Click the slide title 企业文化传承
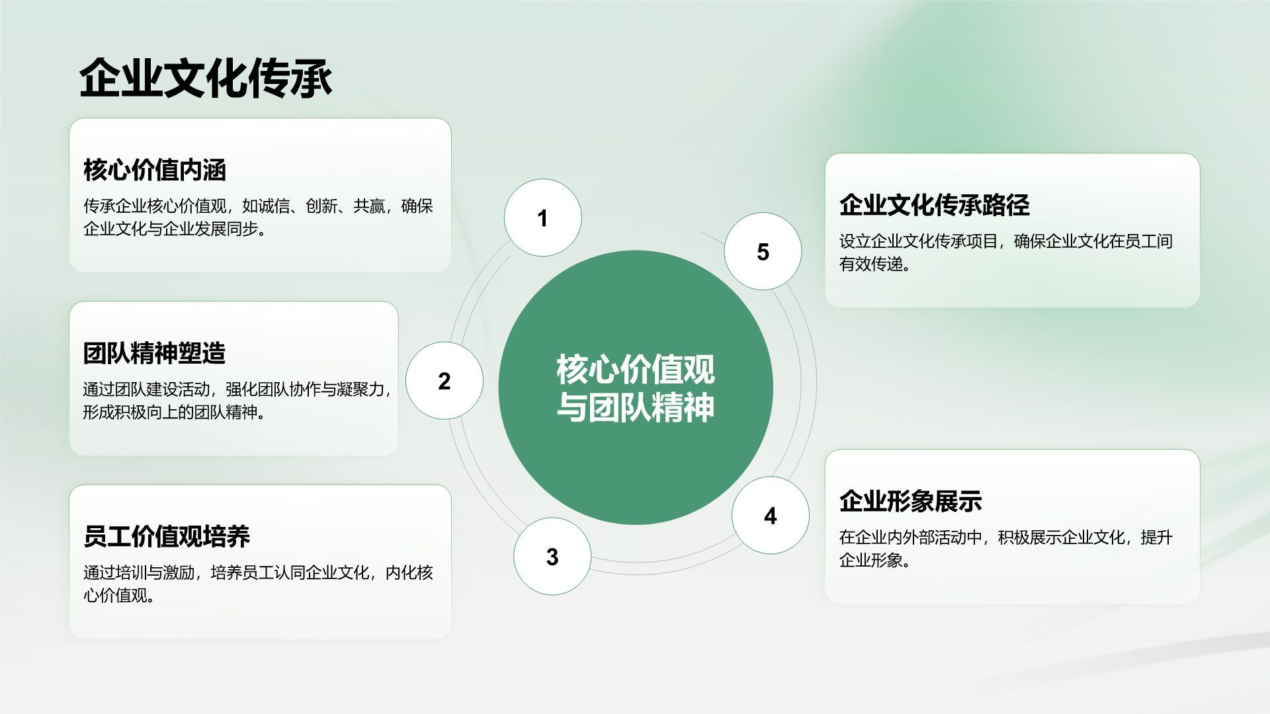[x=206, y=79]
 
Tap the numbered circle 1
[x=542, y=218]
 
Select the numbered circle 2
[x=444, y=381]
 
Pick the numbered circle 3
[x=552, y=557]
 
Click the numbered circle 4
[x=770, y=516]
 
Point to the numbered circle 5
[x=763, y=252]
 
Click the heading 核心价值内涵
[x=155, y=170]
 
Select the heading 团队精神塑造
[x=155, y=353]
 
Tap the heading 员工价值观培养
[x=167, y=536]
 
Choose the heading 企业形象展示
[x=910, y=501]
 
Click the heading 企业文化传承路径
[x=934, y=205]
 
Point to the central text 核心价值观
[x=635, y=369]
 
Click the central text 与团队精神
[x=635, y=407]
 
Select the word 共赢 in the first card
[x=369, y=206]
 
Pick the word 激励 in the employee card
[x=179, y=573]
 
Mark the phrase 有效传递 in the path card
[x=871, y=264]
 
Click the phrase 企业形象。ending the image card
[x=875, y=561]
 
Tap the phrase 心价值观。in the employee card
[x=119, y=596]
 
